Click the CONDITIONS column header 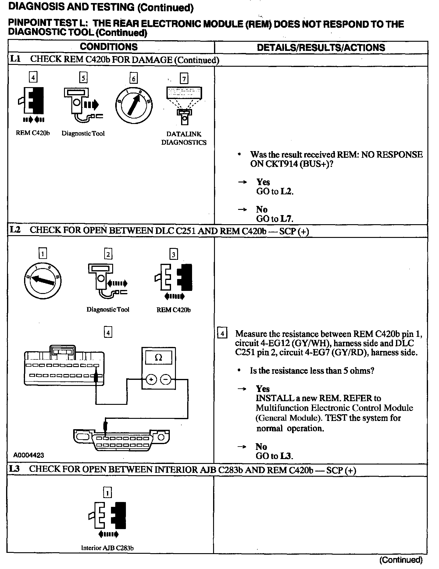[109, 47]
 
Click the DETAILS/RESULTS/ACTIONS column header [321, 48]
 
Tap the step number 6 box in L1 [134, 79]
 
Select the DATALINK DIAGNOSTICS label [184, 138]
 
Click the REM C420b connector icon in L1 [33, 101]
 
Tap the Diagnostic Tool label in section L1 [83, 133]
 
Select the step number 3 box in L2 [173, 254]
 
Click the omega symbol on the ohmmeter [159, 358]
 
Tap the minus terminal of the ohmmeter [166, 380]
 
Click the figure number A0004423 [29, 455]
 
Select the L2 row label [15, 230]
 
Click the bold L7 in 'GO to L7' [287, 219]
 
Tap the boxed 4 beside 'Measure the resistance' [222, 334]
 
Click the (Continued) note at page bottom [401, 560]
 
